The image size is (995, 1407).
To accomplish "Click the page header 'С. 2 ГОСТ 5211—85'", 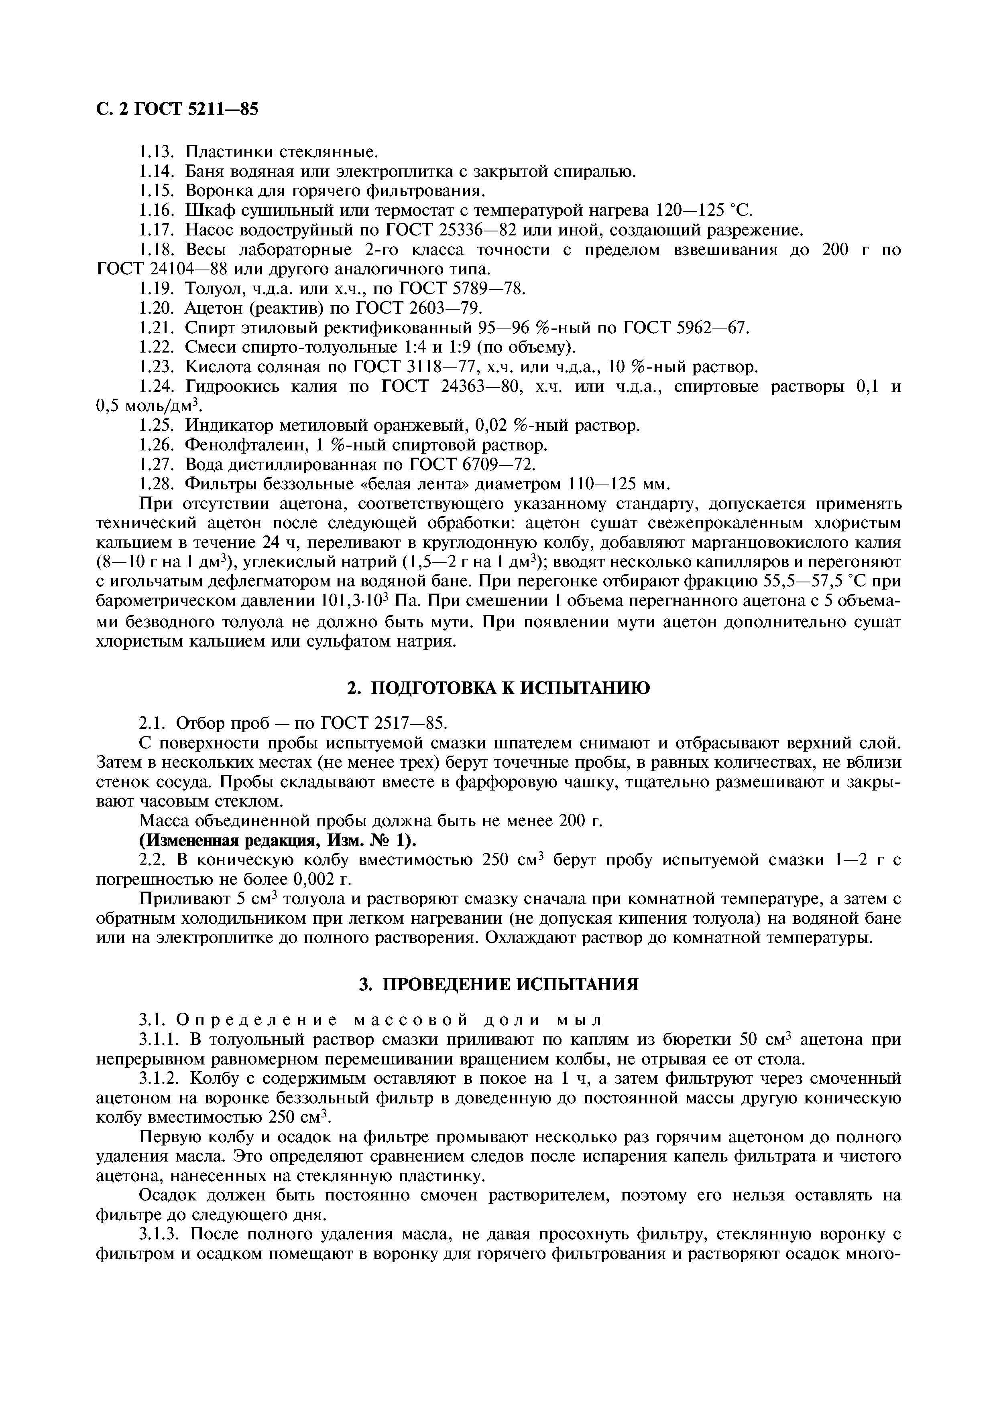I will pyautogui.click(x=178, y=109).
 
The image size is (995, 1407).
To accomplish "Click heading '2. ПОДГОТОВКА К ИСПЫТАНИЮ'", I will pyautogui.click(x=498, y=688).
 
